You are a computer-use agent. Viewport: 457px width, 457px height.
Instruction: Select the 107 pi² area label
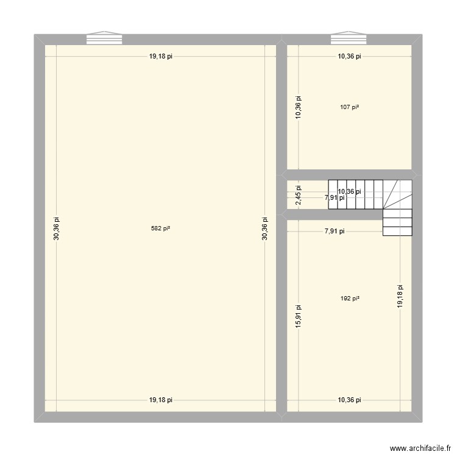[350, 107]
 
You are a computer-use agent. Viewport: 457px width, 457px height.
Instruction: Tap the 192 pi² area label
[350, 299]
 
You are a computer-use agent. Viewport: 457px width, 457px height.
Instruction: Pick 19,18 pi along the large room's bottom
[161, 400]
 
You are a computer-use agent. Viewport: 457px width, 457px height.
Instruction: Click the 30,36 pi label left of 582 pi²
[57, 228]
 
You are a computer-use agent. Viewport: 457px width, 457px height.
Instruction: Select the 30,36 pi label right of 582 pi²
[264, 228]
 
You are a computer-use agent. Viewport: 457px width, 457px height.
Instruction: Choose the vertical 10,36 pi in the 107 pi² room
[298, 107]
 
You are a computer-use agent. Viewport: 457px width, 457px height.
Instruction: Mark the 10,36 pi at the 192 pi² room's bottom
[350, 400]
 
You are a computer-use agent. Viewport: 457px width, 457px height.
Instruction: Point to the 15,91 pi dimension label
[298, 317]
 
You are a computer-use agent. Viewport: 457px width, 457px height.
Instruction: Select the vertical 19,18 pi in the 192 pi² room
[400, 297]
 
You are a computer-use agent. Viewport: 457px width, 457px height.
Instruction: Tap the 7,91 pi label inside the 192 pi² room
[335, 231]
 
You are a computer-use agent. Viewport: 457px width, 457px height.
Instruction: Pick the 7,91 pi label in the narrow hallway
[335, 197]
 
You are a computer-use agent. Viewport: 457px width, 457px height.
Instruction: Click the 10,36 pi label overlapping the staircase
[349, 191]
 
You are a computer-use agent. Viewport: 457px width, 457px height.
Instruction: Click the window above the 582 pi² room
[105, 38]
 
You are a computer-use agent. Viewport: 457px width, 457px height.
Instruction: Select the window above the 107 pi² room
[349, 38]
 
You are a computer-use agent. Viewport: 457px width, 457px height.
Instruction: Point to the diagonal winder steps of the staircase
[399, 194]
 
